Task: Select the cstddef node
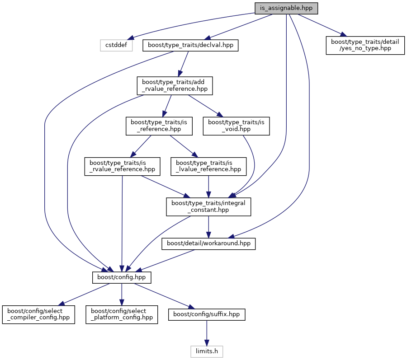(x=116, y=45)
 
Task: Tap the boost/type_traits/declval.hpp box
(x=190, y=45)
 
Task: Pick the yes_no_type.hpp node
(x=365, y=45)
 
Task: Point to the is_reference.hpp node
(x=159, y=126)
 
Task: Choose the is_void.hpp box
(x=236, y=126)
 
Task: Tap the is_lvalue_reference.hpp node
(x=208, y=166)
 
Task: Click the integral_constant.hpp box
(x=208, y=207)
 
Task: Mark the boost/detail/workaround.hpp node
(x=209, y=244)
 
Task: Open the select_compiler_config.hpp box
(x=38, y=314)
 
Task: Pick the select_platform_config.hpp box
(x=122, y=314)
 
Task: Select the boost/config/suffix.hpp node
(x=207, y=314)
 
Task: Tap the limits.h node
(x=207, y=351)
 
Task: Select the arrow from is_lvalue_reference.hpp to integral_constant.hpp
(x=208, y=186)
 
